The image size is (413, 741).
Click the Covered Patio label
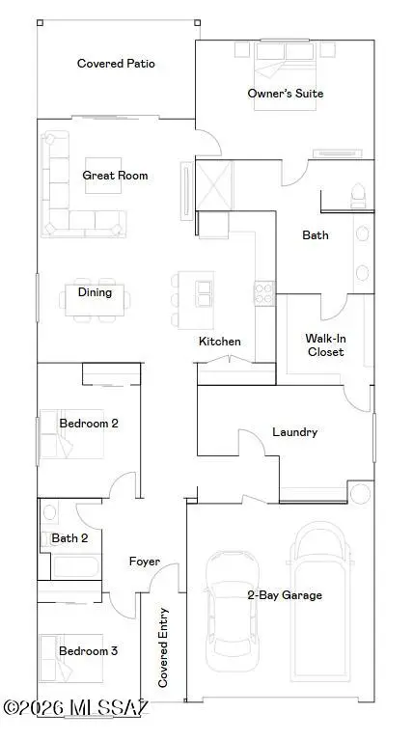pyautogui.click(x=116, y=64)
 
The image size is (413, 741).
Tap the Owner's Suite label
pyautogui.click(x=285, y=94)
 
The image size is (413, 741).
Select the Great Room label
pyautogui.click(x=115, y=175)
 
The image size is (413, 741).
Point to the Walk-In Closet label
pyautogui.click(x=325, y=345)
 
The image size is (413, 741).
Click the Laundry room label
pyautogui.click(x=294, y=432)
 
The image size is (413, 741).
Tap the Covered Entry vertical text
pyautogui.click(x=163, y=647)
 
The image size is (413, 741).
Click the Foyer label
pyautogui.click(x=145, y=562)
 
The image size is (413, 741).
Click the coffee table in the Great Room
pyautogui.click(x=102, y=176)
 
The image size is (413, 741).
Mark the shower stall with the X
pyautogui.click(x=214, y=180)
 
